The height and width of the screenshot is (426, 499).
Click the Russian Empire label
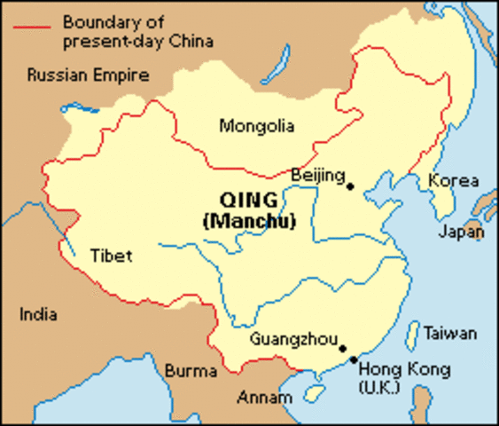click(88, 75)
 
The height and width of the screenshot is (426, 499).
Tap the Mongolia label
click(257, 127)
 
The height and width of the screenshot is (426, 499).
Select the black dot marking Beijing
click(350, 186)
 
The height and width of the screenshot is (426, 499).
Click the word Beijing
click(317, 176)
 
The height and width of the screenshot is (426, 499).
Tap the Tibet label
click(111, 256)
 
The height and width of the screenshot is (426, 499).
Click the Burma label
click(191, 370)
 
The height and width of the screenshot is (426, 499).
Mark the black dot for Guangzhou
click(343, 349)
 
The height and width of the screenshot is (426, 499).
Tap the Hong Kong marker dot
click(354, 360)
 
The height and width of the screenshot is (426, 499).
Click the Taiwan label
click(449, 334)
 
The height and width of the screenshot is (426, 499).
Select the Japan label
click(461, 233)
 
